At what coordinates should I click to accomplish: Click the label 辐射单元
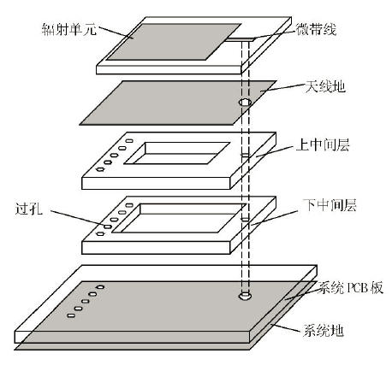(x=68, y=29)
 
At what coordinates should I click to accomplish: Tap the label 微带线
(x=316, y=29)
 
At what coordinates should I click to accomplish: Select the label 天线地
(x=325, y=86)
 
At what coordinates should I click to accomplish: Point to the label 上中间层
(x=323, y=144)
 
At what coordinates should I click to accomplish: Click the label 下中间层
(x=330, y=205)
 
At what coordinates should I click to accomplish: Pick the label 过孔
(x=29, y=209)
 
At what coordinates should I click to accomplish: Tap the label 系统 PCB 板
(x=350, y=288)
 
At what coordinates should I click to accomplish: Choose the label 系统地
(x=323, y=331)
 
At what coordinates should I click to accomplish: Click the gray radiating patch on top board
(x=174, y=42)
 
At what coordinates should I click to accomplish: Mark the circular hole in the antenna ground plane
(x=245, y=103)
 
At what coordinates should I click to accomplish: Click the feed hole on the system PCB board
(x=245, y=296)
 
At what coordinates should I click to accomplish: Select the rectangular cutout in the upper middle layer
(x=177, y=153)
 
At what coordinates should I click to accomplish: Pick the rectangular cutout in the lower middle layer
(x=179, y=218)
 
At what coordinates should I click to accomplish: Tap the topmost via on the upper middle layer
(x=129, y=141)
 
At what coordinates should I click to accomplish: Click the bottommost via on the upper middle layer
(x=100, y=169)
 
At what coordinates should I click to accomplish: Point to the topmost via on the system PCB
(x=100, y=287)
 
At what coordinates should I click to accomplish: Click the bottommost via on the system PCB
(x=71, y=315)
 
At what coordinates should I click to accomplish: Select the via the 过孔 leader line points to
(x=107, y=227)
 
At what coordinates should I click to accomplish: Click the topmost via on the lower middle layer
(x=129, y=205)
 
